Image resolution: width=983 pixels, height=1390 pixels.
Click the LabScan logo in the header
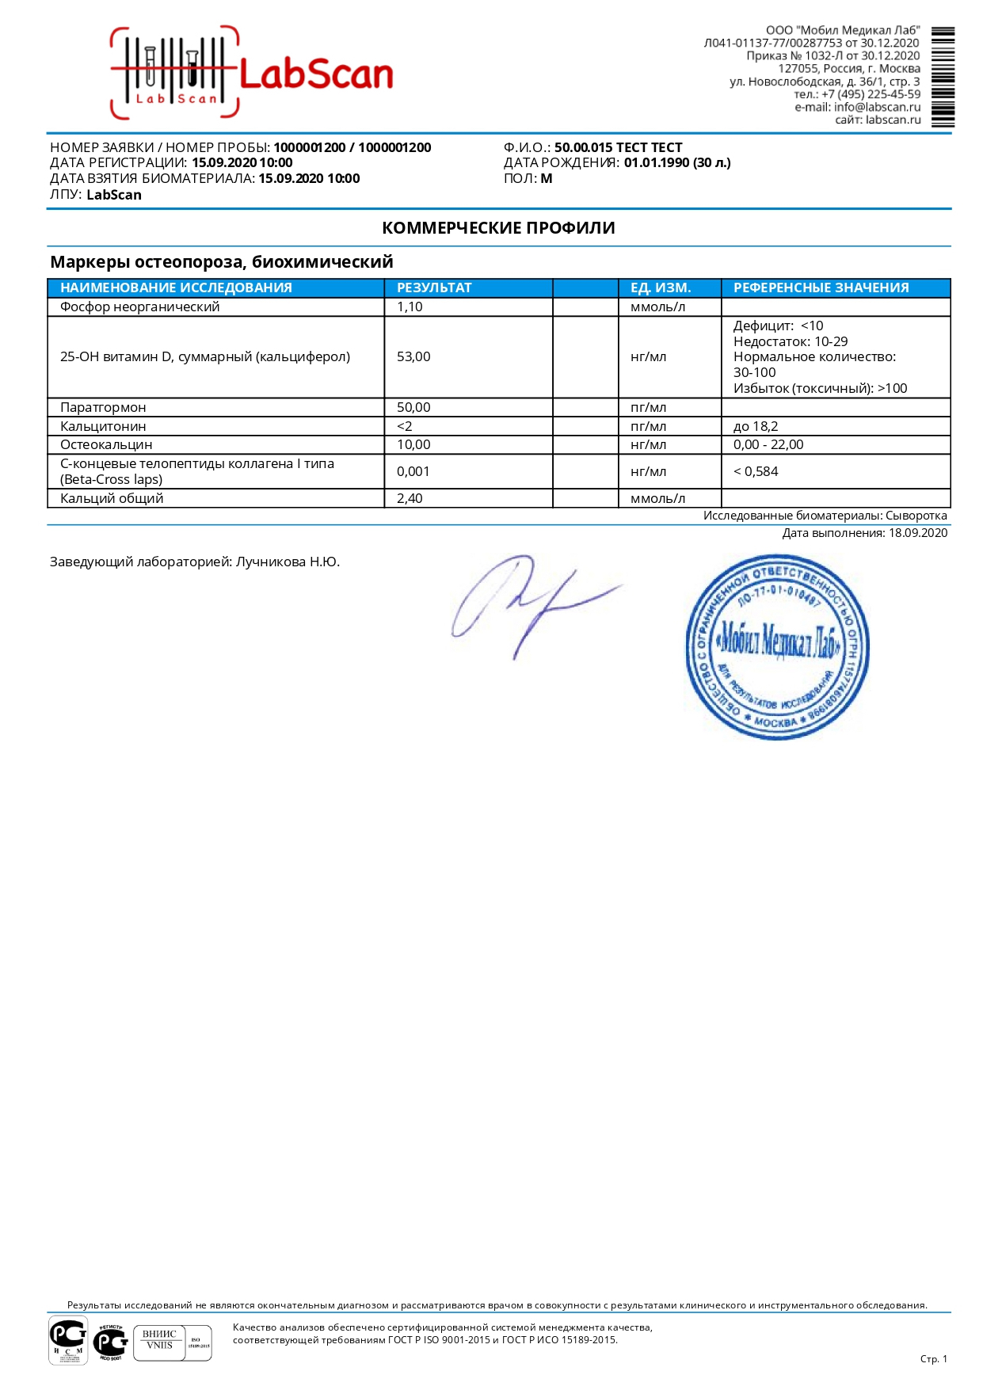tap(252, 73)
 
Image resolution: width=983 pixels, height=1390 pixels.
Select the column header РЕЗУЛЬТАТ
tap(434, 288)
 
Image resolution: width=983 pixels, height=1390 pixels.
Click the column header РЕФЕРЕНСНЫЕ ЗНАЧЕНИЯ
tap(821, 288)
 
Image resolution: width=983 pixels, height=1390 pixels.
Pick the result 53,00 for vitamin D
tap(413, 356)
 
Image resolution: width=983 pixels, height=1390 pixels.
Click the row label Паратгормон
tap(103, 407)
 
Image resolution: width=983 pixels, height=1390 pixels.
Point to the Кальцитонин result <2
tap(405, 426)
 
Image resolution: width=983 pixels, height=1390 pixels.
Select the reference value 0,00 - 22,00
tap(768, 444)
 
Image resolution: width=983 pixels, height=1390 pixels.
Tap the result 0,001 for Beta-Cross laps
tap(413, 471)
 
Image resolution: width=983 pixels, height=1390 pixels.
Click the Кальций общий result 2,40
tap(410, 498)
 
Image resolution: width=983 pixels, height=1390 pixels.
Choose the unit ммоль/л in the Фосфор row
tap(657, 307)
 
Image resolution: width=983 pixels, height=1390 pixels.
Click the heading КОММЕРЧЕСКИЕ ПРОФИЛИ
tap(498, 228)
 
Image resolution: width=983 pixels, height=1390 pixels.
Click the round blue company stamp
tap(777, 647)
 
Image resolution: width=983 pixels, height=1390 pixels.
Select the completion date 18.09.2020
tap(917, 533)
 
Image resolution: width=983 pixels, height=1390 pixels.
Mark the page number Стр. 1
tap(933, 1359)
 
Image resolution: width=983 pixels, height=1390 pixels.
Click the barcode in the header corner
tap(943, 77)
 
